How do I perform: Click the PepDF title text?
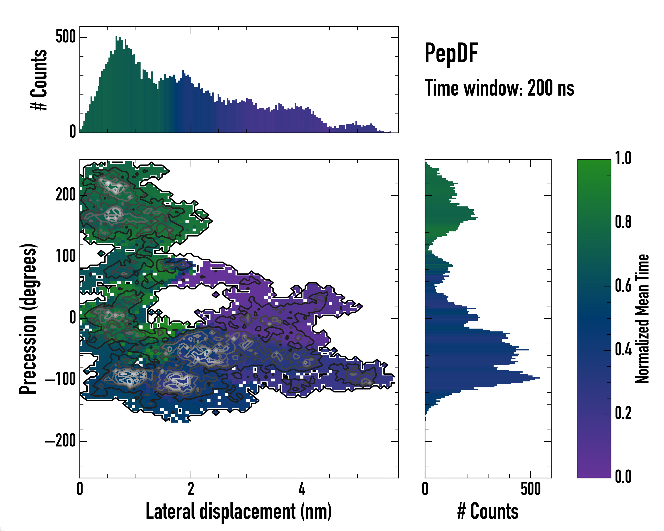click(x=451, y=53)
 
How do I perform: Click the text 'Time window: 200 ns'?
click(x=499, y=88)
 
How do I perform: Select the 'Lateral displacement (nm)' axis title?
click(x=239, y=511)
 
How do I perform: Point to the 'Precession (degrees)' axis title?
click(x=28, y=319)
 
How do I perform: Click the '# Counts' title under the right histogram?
click(x=488, y=511)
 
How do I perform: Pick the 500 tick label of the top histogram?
click(x=66, y=37)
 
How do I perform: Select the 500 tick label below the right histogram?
click(x=531, y=489)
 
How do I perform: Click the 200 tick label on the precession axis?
click(x=66, y=195)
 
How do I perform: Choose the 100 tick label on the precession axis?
click(x=66, y=256)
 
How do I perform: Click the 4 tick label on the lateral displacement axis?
click(x=302, y=489)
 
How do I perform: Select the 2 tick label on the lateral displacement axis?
click(x=191, y=489)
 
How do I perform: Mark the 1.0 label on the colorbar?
click(x=623, y=158)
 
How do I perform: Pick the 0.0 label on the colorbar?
click(x=623, y=477)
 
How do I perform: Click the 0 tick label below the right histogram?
click(x=425, y=489)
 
